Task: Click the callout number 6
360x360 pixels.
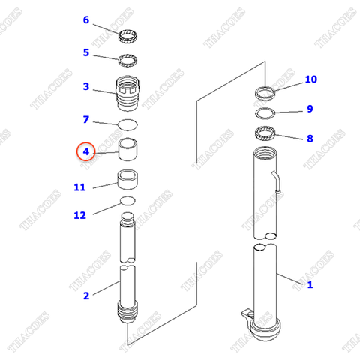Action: click(x=85, y=20)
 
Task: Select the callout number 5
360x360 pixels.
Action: click(x=85, y=52)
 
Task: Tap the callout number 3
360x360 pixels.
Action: click(x=85, y=87)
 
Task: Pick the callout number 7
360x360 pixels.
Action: click(x=85, y=119)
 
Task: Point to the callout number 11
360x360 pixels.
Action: click(x=79, y=187)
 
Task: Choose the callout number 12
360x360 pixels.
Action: click(x=79, y=215)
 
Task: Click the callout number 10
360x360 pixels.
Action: click(x=310, y=79)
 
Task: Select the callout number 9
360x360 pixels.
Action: click(x=309, y=109)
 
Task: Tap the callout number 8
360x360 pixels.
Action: click(x=309, y=139)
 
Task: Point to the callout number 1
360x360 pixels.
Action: click(x=309, y=284)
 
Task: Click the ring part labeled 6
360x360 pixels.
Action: click(x=128, y=33)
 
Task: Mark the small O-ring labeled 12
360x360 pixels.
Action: click(x=127, y=201)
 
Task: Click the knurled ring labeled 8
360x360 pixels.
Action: click(x=266, y=136)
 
